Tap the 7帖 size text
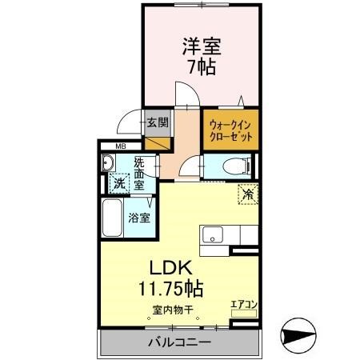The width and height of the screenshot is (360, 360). (202, 67)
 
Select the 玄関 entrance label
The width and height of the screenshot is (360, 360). (158, 122)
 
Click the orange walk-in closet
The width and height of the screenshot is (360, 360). (231, 130)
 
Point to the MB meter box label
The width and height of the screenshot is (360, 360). (121, 146)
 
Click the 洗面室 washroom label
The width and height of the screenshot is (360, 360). (138, 173)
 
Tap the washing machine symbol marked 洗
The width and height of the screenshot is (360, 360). (118, 182)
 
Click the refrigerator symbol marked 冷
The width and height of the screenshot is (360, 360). (247, 193)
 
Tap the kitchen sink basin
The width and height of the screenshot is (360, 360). (214, 234)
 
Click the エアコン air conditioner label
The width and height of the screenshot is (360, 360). (242, 304)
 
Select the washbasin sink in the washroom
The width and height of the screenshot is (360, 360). (109, 162)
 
